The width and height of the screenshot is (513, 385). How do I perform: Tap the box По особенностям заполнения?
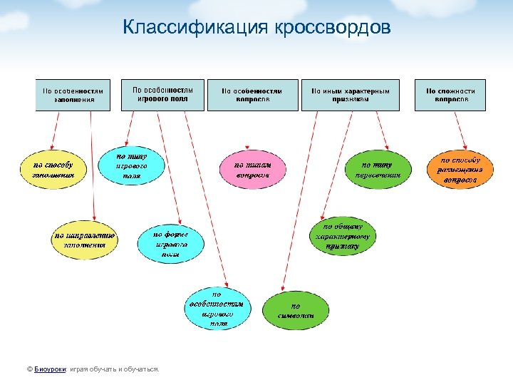coord(73,95)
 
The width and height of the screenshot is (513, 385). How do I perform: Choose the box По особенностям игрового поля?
coord(162,94)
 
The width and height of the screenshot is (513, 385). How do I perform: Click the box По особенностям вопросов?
coord(252,95)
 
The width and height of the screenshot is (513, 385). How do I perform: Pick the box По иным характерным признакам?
coord(350,95)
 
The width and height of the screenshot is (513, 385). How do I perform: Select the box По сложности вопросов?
coord(450,95)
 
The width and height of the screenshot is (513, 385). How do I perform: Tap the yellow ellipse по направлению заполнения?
coord(85,239)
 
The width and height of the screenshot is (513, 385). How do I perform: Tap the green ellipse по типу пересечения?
coord(377,170)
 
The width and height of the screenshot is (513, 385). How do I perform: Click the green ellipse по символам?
coord(296,309)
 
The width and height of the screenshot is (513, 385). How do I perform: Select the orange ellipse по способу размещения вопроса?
coord(459,170)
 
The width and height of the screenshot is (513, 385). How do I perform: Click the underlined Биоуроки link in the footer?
coord(51,369)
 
